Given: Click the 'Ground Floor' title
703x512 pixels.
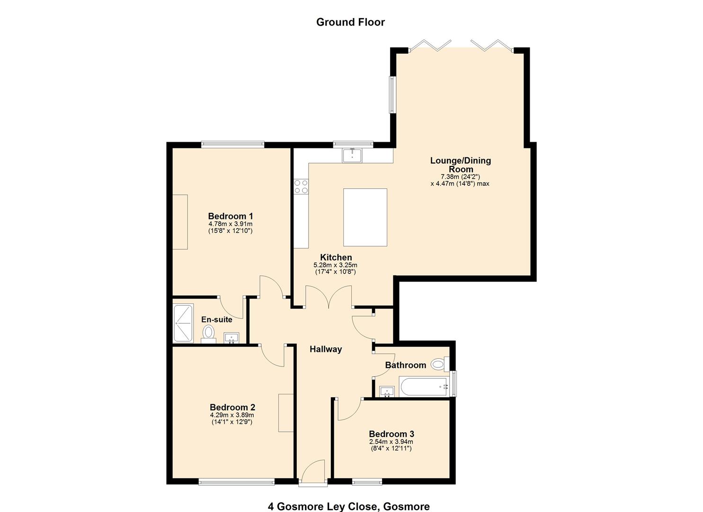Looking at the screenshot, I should (350, 22).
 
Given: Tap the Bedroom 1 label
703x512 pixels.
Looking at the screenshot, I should (231, 216).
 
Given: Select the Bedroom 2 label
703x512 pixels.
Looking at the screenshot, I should (232, 407).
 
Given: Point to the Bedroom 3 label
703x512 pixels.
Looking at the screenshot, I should (392, 434).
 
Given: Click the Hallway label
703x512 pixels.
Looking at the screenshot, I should (326, 349).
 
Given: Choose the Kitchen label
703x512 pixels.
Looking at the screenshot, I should (336, 257).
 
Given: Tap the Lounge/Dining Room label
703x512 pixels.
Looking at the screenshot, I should (460, 165).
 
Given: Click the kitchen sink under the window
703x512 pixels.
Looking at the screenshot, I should (352, 155).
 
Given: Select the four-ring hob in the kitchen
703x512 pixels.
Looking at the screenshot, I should (301, 186).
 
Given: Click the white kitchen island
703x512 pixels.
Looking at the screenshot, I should (365, 217).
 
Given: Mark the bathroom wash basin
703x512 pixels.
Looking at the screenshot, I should (387, 391).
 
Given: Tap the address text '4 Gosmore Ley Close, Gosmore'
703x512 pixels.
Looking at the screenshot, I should (349, 506).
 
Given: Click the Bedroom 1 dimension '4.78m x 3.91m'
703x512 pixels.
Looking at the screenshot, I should (231, 224).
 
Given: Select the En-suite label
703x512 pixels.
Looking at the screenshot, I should (217, 320).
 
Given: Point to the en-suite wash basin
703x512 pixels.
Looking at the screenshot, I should (231, 338).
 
